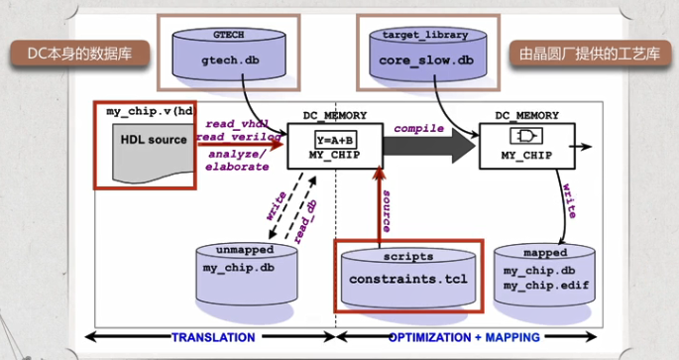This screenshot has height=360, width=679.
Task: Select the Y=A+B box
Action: [336, 139]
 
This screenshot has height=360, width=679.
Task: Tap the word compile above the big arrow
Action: [418, 128]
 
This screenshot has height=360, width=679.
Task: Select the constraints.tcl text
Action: [407, 277]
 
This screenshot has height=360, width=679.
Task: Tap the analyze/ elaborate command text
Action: [237, 160]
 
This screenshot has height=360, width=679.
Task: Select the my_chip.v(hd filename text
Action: [150, 111]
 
